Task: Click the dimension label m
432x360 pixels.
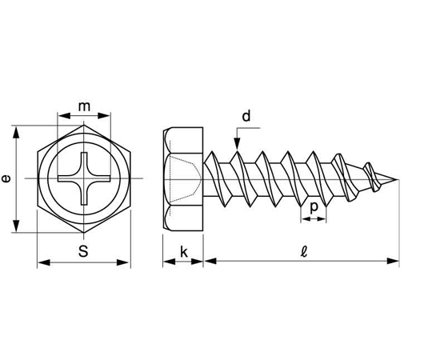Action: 84,106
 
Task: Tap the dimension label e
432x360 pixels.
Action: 6,178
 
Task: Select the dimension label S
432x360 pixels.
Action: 83,251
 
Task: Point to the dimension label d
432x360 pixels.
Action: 246,116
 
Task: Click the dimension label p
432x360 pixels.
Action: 314,207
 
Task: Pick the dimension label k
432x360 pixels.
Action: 184,252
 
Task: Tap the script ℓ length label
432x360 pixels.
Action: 304,252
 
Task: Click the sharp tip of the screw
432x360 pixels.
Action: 398,179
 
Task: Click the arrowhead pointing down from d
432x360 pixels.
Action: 238,144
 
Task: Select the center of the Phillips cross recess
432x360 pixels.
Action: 84,178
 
